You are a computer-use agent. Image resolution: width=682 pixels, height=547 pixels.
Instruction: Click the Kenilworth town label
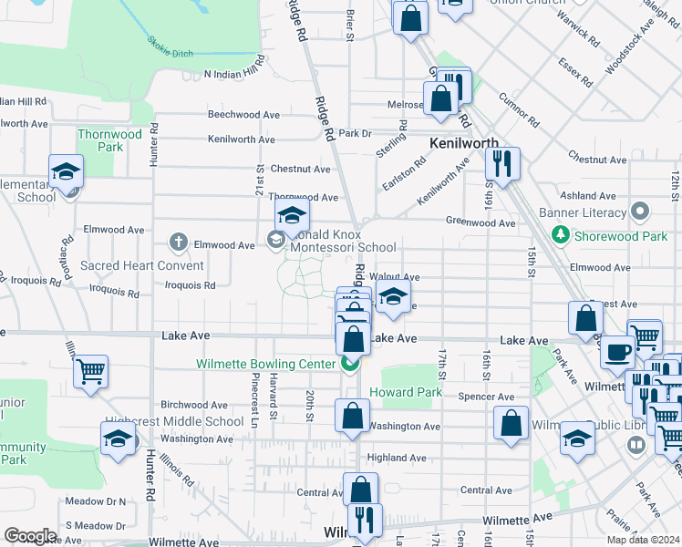463,143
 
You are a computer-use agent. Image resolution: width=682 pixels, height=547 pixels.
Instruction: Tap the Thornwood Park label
110,140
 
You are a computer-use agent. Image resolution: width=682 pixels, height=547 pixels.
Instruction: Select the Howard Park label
406,392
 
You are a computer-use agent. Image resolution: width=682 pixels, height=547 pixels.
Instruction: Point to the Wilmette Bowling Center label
265,364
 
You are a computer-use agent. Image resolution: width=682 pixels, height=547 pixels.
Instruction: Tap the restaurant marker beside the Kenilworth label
501,164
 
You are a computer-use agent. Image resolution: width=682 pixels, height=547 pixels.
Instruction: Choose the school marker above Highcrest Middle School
118,439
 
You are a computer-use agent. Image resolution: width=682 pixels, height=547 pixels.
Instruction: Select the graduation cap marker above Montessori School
292,216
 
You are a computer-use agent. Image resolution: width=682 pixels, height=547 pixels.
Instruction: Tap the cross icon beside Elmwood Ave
179,243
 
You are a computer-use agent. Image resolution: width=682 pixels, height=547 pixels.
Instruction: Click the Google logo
30,536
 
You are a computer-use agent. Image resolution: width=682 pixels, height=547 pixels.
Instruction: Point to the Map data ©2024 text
642,540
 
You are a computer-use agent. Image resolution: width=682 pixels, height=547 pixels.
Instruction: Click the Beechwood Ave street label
242,115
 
